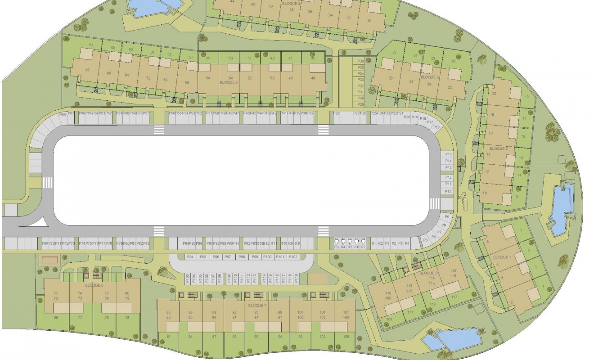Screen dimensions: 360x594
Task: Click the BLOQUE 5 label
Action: pos(229,83)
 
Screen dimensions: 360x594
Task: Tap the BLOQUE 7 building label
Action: pos(257,305)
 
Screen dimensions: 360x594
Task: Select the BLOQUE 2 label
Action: pos(498,148)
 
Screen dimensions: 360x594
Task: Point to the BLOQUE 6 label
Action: pos(94,285)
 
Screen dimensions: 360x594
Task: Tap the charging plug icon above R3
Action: pos(336,241)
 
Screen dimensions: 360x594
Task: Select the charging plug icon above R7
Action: pos(363,241)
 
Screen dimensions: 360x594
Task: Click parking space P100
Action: pos(267,256)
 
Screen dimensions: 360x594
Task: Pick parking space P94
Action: pos(191,256)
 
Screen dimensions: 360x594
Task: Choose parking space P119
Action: pos(296,279)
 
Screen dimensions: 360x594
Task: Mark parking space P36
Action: pos(360,61)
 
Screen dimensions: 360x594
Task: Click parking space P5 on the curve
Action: pos(426,241)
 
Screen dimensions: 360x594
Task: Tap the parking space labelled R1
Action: pos(373,243)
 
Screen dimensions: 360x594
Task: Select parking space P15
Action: pos(448,154)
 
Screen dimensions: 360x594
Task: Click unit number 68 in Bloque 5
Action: pos(87,70)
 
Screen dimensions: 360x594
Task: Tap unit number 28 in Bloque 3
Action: pos(390,78)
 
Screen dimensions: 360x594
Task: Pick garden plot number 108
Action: pos(389,320)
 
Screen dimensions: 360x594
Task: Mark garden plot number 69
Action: pos(56,318)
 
